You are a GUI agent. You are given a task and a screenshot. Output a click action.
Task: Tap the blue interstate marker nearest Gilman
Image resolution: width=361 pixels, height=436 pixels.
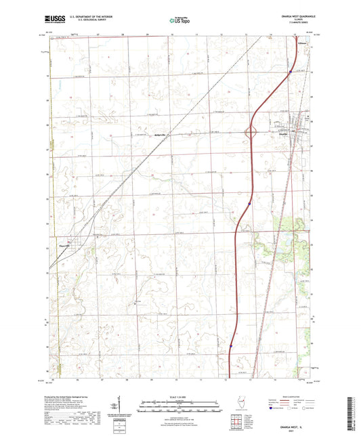tap(290, 72)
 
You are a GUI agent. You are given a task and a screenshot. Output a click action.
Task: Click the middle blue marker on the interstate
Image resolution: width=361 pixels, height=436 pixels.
tap(249, 202)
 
